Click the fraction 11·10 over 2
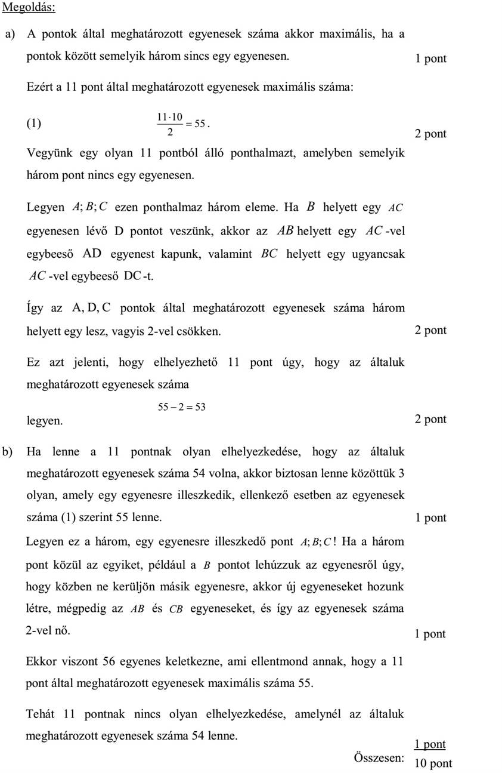(169, 124)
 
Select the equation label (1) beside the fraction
(34, 124)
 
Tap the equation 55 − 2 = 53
(181, 407)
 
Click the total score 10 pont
(433, 763)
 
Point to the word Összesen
(379, 757)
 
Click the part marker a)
(10, 34)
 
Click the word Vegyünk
(49, 153)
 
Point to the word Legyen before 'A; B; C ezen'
(45, 208)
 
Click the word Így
(35, 309)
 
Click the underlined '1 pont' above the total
(430, 744)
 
